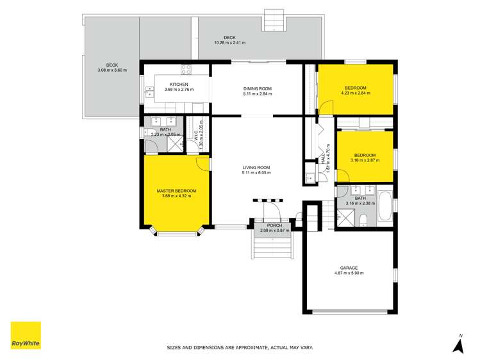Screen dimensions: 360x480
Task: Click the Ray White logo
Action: point(26,335)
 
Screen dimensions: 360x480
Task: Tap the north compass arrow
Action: point(458,346)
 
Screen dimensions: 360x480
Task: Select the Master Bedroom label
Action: point(176,191)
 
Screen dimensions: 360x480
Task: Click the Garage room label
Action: point(349,268)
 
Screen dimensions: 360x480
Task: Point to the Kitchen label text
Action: point(179,85)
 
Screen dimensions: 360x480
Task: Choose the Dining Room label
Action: point(257,88)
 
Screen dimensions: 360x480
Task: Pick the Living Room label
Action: point(256,168)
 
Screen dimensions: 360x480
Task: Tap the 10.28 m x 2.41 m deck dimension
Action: point(229,43)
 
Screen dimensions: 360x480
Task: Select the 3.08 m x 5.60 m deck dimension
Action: point(112,70)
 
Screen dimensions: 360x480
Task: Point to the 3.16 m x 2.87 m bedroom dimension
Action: point(365,160)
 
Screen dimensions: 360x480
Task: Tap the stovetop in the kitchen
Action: point(186,70)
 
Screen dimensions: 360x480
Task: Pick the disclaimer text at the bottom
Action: point(240,348)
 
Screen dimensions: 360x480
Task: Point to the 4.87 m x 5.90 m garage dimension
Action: point(349,274)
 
